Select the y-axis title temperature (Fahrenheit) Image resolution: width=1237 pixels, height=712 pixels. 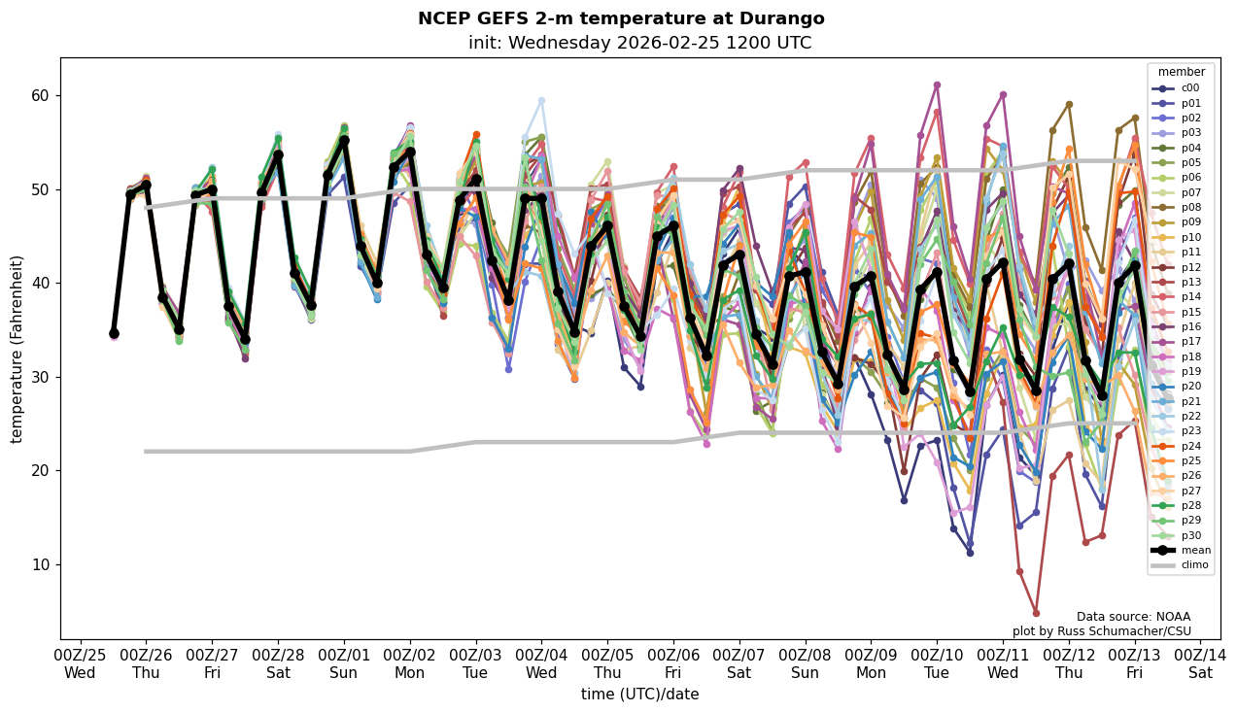17,349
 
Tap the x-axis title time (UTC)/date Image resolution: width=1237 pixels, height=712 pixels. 639,695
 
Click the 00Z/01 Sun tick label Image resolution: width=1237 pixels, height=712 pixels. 344,663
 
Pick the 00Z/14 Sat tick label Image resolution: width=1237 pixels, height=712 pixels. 1200,663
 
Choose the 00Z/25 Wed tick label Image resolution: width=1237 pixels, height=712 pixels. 80,663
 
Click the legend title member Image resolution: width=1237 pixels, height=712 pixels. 1181,72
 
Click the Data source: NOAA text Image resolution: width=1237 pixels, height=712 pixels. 1133,617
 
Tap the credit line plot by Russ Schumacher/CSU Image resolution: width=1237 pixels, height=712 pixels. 1101,631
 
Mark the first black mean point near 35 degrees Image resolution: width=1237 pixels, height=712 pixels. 114,333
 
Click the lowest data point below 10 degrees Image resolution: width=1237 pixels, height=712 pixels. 1036,613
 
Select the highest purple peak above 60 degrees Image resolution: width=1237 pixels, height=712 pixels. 937,85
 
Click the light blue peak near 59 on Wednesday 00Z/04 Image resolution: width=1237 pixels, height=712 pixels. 541,100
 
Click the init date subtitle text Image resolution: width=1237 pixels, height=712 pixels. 639,43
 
